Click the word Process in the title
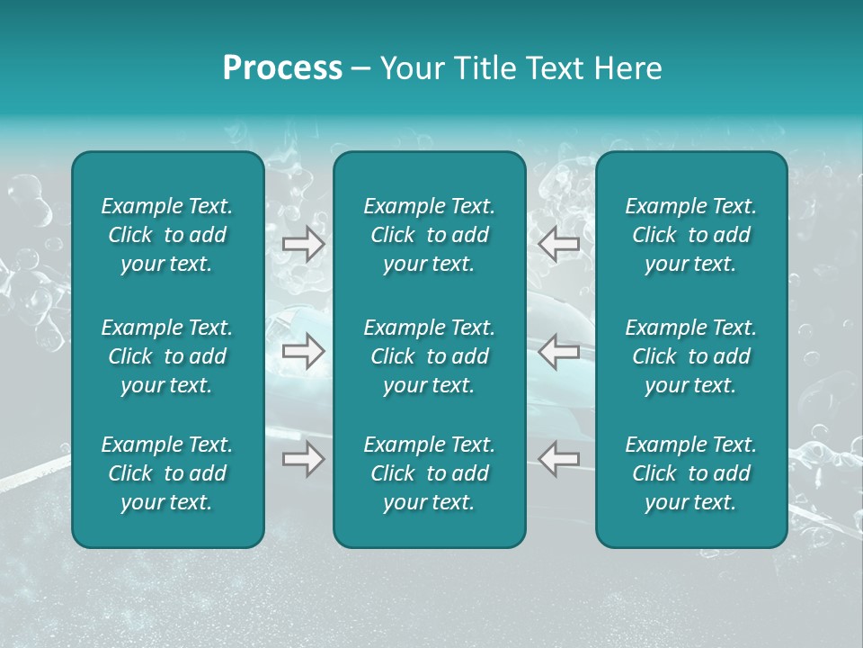(x=282, y=68)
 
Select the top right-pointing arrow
(x=304, y=244)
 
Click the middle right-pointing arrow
(x=304, y=351)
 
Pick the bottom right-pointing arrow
(x=304, y=460)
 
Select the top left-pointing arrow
(x=559, y=244)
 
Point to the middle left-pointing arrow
(x=559, y=351)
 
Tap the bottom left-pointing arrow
(x=559, y=458)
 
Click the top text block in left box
(x=167, y=235)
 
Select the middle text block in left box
(x=167, y=356)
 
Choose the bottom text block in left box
(x=167, y=473)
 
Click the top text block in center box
(x=430, y=235)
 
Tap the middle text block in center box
(x=430, y=356)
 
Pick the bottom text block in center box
(x=430, y=473)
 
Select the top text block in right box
(x=691, y=235)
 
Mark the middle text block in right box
(x=691, y=356)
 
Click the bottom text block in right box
(x=691, y=473)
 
